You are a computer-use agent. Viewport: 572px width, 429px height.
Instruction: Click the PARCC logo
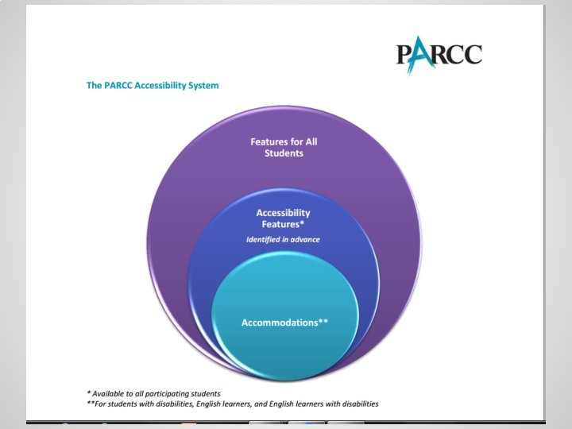pos(439,56)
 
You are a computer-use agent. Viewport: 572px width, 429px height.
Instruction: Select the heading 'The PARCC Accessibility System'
pos(152,85)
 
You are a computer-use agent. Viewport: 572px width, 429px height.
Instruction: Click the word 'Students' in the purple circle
pos(284,153)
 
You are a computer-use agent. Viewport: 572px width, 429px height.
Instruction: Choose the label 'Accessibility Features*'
pos(283,218)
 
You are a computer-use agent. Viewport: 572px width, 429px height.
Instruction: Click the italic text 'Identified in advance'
pos(283,240)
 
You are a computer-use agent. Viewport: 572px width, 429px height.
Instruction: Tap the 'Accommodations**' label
pos(284,323)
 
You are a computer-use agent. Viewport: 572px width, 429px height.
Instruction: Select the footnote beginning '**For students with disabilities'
pos(233,404)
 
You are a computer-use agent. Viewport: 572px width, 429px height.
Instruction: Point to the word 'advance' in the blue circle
pos(306,240)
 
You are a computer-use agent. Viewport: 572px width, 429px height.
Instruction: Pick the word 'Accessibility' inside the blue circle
pos(283,213)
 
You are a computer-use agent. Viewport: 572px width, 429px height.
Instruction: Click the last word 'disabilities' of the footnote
pos(357,404)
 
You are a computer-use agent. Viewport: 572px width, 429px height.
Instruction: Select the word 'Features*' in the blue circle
pos(284,224)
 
